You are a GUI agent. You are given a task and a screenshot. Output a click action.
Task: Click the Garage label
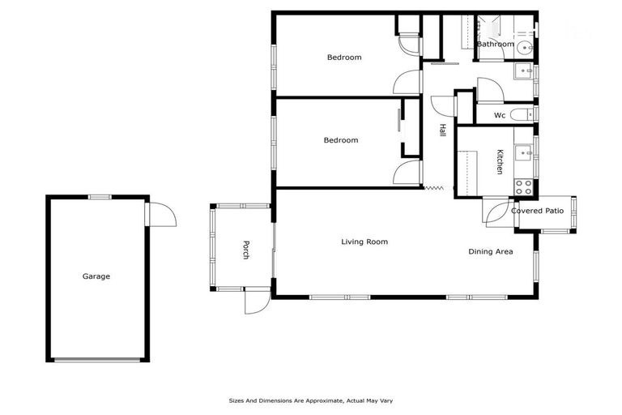tap(96, 276)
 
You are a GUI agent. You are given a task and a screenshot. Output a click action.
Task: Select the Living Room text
tap(364, 242)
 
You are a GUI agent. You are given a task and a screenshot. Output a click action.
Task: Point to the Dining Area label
tap(491, 252)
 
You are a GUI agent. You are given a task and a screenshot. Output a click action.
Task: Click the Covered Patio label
tap(537, 211)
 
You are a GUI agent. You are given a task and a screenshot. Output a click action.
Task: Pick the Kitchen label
tap(500, 161)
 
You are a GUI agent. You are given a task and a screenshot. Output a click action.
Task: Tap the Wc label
tap(500, 116)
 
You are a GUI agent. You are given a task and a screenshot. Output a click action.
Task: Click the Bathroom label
tap(495, 44)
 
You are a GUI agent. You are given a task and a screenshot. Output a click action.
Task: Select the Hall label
tap(442, 130)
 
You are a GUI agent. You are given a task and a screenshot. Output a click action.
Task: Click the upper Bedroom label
tap(343, 58)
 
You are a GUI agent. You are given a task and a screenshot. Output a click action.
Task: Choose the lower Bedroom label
tap(340, 140)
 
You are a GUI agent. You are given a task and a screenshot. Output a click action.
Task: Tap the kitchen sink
tap(524, 152)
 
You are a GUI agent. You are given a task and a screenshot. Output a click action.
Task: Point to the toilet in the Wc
tap(521, 114)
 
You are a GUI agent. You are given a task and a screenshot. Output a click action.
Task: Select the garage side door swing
tap(160, 215)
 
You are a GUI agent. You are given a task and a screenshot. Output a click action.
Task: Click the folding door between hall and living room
tap(435, 189)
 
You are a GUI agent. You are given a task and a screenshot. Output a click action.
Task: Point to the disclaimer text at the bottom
tap(311, 400)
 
